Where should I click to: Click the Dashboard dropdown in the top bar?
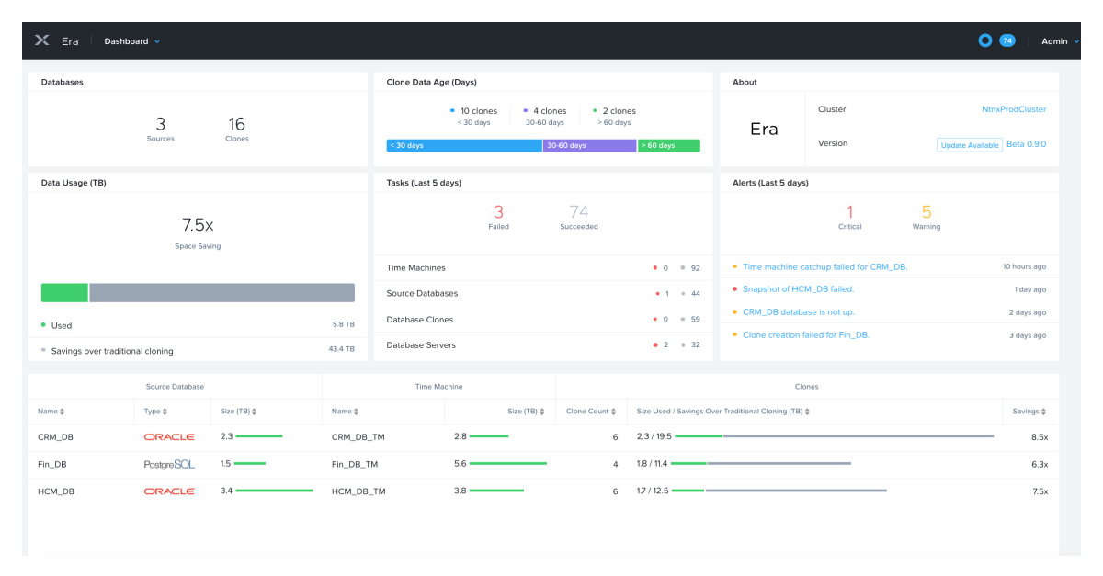click(131, 41)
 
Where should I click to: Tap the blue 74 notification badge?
click(1007, 40)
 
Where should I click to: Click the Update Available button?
click(970, 145)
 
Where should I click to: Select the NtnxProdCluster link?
click(1013, 109)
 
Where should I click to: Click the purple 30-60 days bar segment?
click(589, 145)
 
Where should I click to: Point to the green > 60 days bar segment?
click(668, 145)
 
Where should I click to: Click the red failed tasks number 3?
click(498, 212)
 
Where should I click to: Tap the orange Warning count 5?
click(926, 212)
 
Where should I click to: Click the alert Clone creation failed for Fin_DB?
click(805, 335)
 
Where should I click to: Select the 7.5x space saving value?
click(198, 225)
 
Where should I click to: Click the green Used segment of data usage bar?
click(64, 293)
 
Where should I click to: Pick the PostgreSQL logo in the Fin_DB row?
click(169, 465)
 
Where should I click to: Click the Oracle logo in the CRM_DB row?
click(169, 437)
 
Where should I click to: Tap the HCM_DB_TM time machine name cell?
click(358, 491)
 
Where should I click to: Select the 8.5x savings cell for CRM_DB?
click(1040, 437)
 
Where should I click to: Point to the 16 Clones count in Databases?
click(236, 125)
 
